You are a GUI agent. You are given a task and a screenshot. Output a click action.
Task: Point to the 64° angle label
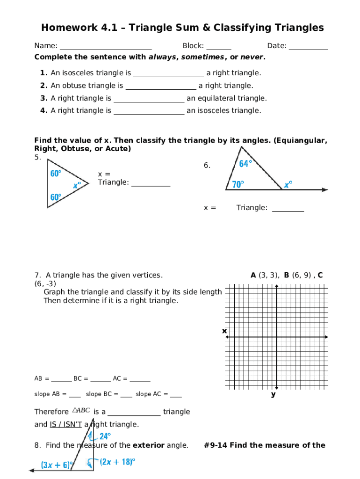(245, 164)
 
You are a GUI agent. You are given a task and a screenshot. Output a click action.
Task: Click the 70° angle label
(238, 184)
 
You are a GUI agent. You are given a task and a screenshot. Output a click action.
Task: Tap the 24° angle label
(105, 436)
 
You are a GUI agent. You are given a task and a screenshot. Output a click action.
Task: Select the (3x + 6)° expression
(57, 465)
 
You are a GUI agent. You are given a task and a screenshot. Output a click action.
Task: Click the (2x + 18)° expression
(117, 462)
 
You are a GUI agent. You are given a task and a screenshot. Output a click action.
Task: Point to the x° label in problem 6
(288, 184)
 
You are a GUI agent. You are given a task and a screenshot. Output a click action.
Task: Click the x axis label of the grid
(224, 331)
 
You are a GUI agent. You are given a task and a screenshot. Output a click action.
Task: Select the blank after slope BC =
(126, 396)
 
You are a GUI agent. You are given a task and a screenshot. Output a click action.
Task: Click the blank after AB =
(61, 380)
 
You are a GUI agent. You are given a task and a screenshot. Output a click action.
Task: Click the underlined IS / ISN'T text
(65, 425)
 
